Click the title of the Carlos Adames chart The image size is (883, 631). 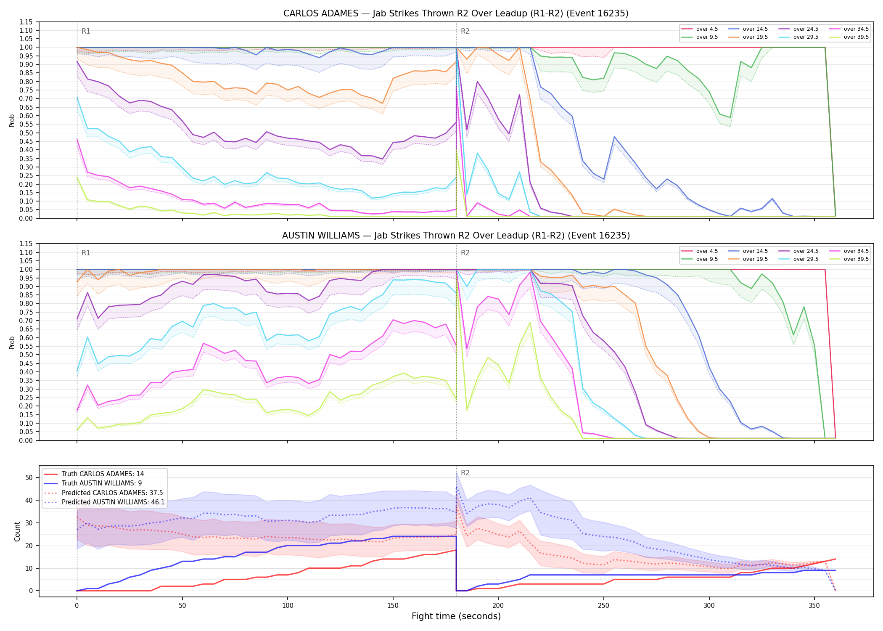pos(456,13)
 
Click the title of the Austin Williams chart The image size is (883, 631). pos(456,236)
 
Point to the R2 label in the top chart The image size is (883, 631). pos(465,31)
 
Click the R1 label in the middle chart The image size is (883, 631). pos(86,253)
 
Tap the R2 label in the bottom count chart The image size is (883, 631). pos(465,473)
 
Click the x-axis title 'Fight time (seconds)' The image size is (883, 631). pos(456,616)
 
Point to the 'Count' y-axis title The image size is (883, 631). pos(17,531)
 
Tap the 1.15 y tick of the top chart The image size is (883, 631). pos(26,22)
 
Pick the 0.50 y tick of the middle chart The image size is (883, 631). pos(26,355)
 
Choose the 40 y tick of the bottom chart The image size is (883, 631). pos(29,500)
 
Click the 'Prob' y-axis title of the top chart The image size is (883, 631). pos(12,120)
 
